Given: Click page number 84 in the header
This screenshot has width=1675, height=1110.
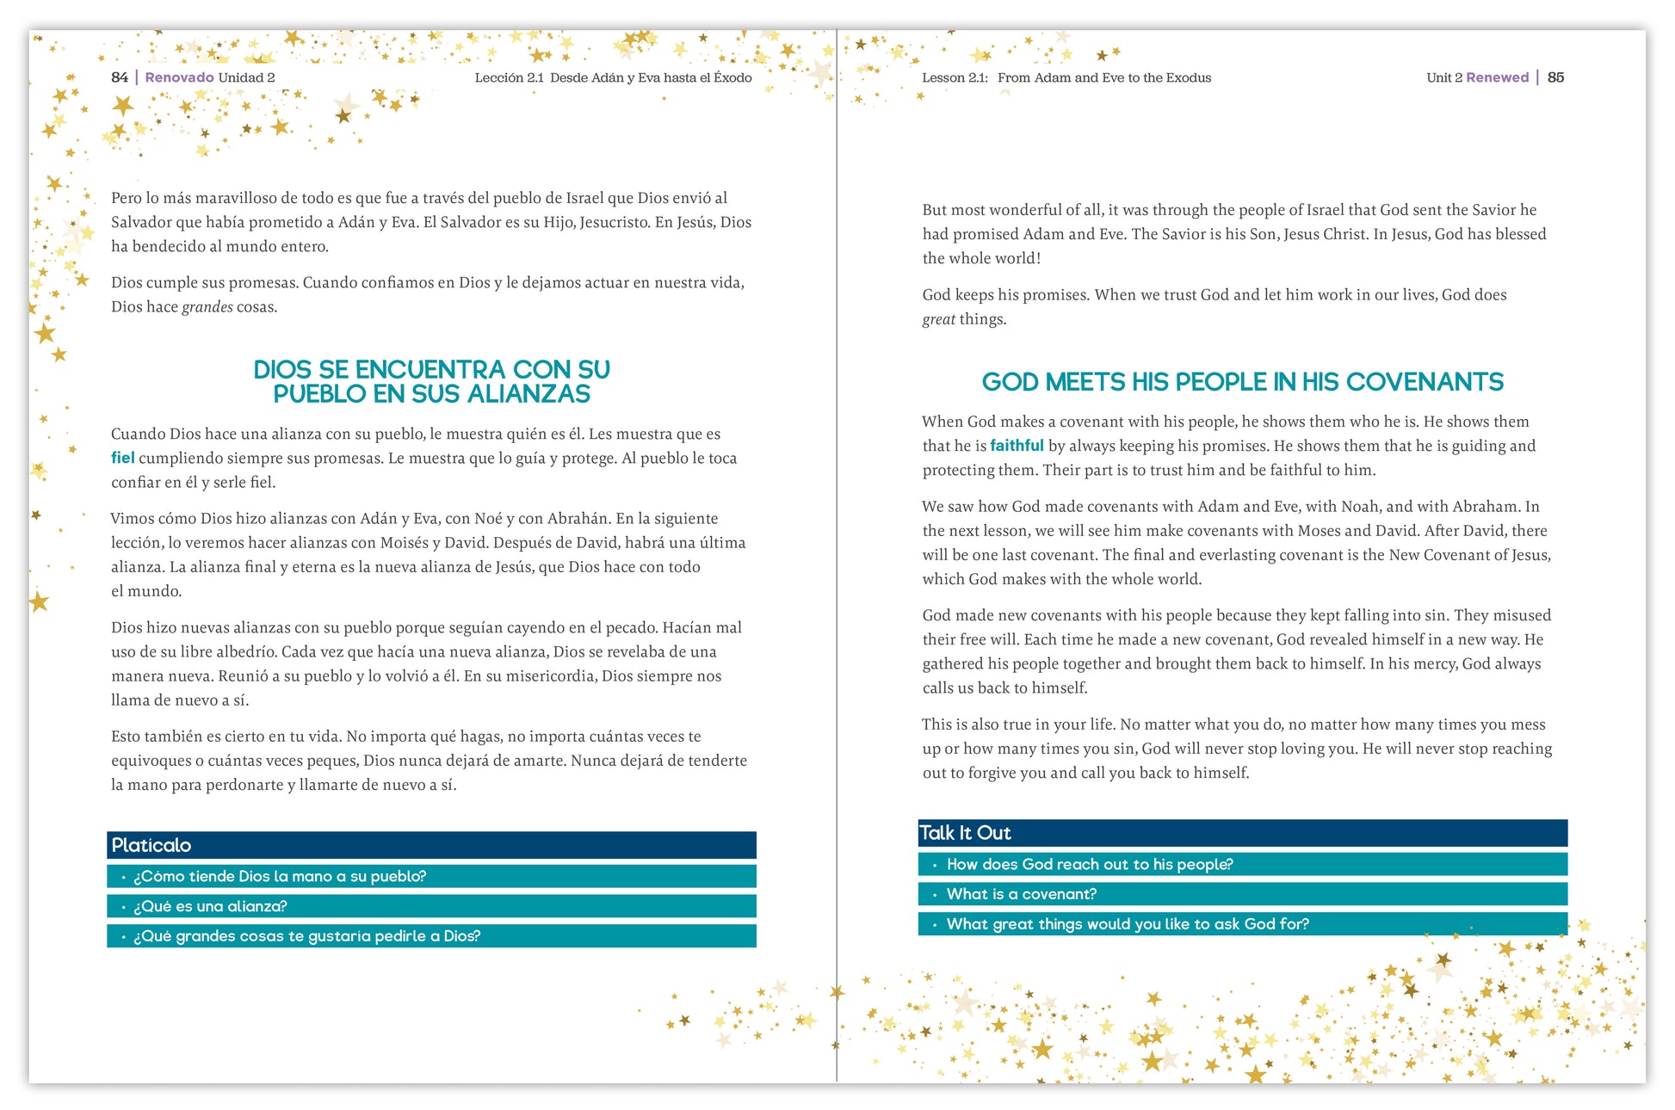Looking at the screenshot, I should (x=120, y=77).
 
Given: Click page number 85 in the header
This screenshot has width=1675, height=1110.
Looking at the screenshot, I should (x=1555, y=77).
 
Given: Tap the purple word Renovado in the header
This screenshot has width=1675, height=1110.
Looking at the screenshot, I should (x=179, y=77).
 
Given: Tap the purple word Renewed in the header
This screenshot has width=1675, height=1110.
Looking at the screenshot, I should (x=1497, y=77).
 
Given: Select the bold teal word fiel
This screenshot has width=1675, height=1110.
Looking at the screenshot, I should (x=122, y=458).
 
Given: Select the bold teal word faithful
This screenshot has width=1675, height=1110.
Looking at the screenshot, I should (x=1017, y=446).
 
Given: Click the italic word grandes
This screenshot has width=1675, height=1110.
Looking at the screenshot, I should (x=207, y=307).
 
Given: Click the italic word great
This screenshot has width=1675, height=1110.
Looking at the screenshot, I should (x=938, y=319).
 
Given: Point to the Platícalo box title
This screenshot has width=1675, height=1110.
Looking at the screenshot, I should (x=151, y=845).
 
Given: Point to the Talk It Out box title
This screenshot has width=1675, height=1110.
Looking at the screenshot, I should (x=965, y=833).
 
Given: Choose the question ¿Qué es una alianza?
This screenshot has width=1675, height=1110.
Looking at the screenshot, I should (x=210, y=906).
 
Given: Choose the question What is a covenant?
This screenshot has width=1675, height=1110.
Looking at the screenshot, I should (x=1021, y=894).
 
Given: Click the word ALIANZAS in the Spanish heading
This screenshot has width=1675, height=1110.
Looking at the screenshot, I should (x=528, y=394).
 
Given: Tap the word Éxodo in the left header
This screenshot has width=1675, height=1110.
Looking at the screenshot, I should (x=732, y=77).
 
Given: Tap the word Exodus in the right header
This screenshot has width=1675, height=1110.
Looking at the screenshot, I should (x=1188, y=77).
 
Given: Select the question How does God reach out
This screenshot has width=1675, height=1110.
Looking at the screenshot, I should (x=1089, y=864).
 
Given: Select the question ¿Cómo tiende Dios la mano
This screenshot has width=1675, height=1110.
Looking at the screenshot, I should (x=280, y=876).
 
